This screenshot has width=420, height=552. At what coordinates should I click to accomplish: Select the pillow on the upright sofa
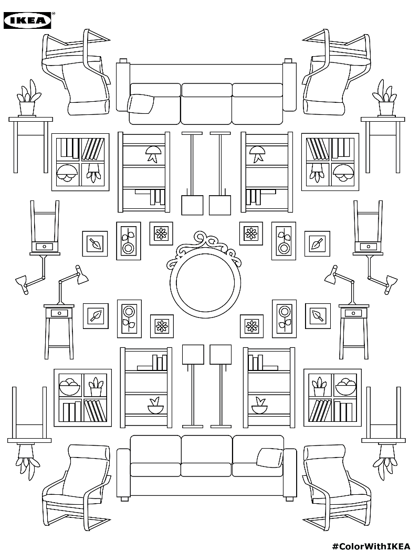coord(269,458)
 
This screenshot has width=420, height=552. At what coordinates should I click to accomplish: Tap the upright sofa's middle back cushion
coord(207,449)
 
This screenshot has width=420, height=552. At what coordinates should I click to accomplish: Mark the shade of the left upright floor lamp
coord(193,355)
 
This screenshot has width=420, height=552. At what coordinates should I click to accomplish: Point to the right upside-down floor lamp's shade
coord(220,205)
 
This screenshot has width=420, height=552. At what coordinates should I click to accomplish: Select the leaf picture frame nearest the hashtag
coord(318,315)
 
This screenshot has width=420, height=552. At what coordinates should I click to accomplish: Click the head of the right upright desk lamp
coord(331,278)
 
